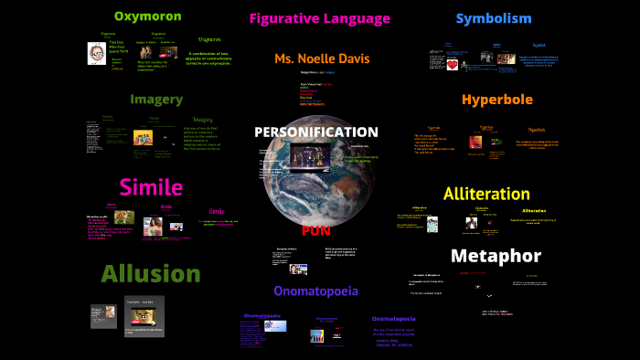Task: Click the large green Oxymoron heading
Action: pos(147,16)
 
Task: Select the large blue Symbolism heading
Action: pos(493,18)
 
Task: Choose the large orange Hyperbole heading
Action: pos(496,100)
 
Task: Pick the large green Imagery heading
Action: pos(156,100)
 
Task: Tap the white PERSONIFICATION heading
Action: pos(315,132)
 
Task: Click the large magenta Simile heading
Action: pos(151,187)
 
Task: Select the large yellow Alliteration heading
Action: pos(486,194)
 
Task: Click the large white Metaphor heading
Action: pos(496,255)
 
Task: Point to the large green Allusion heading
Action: pos(151,273)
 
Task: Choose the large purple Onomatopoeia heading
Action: pos(315,291)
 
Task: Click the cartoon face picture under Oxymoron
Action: pos(95,54)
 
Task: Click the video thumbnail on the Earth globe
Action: pos(312,156)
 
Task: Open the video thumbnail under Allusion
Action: pos(144,317)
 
